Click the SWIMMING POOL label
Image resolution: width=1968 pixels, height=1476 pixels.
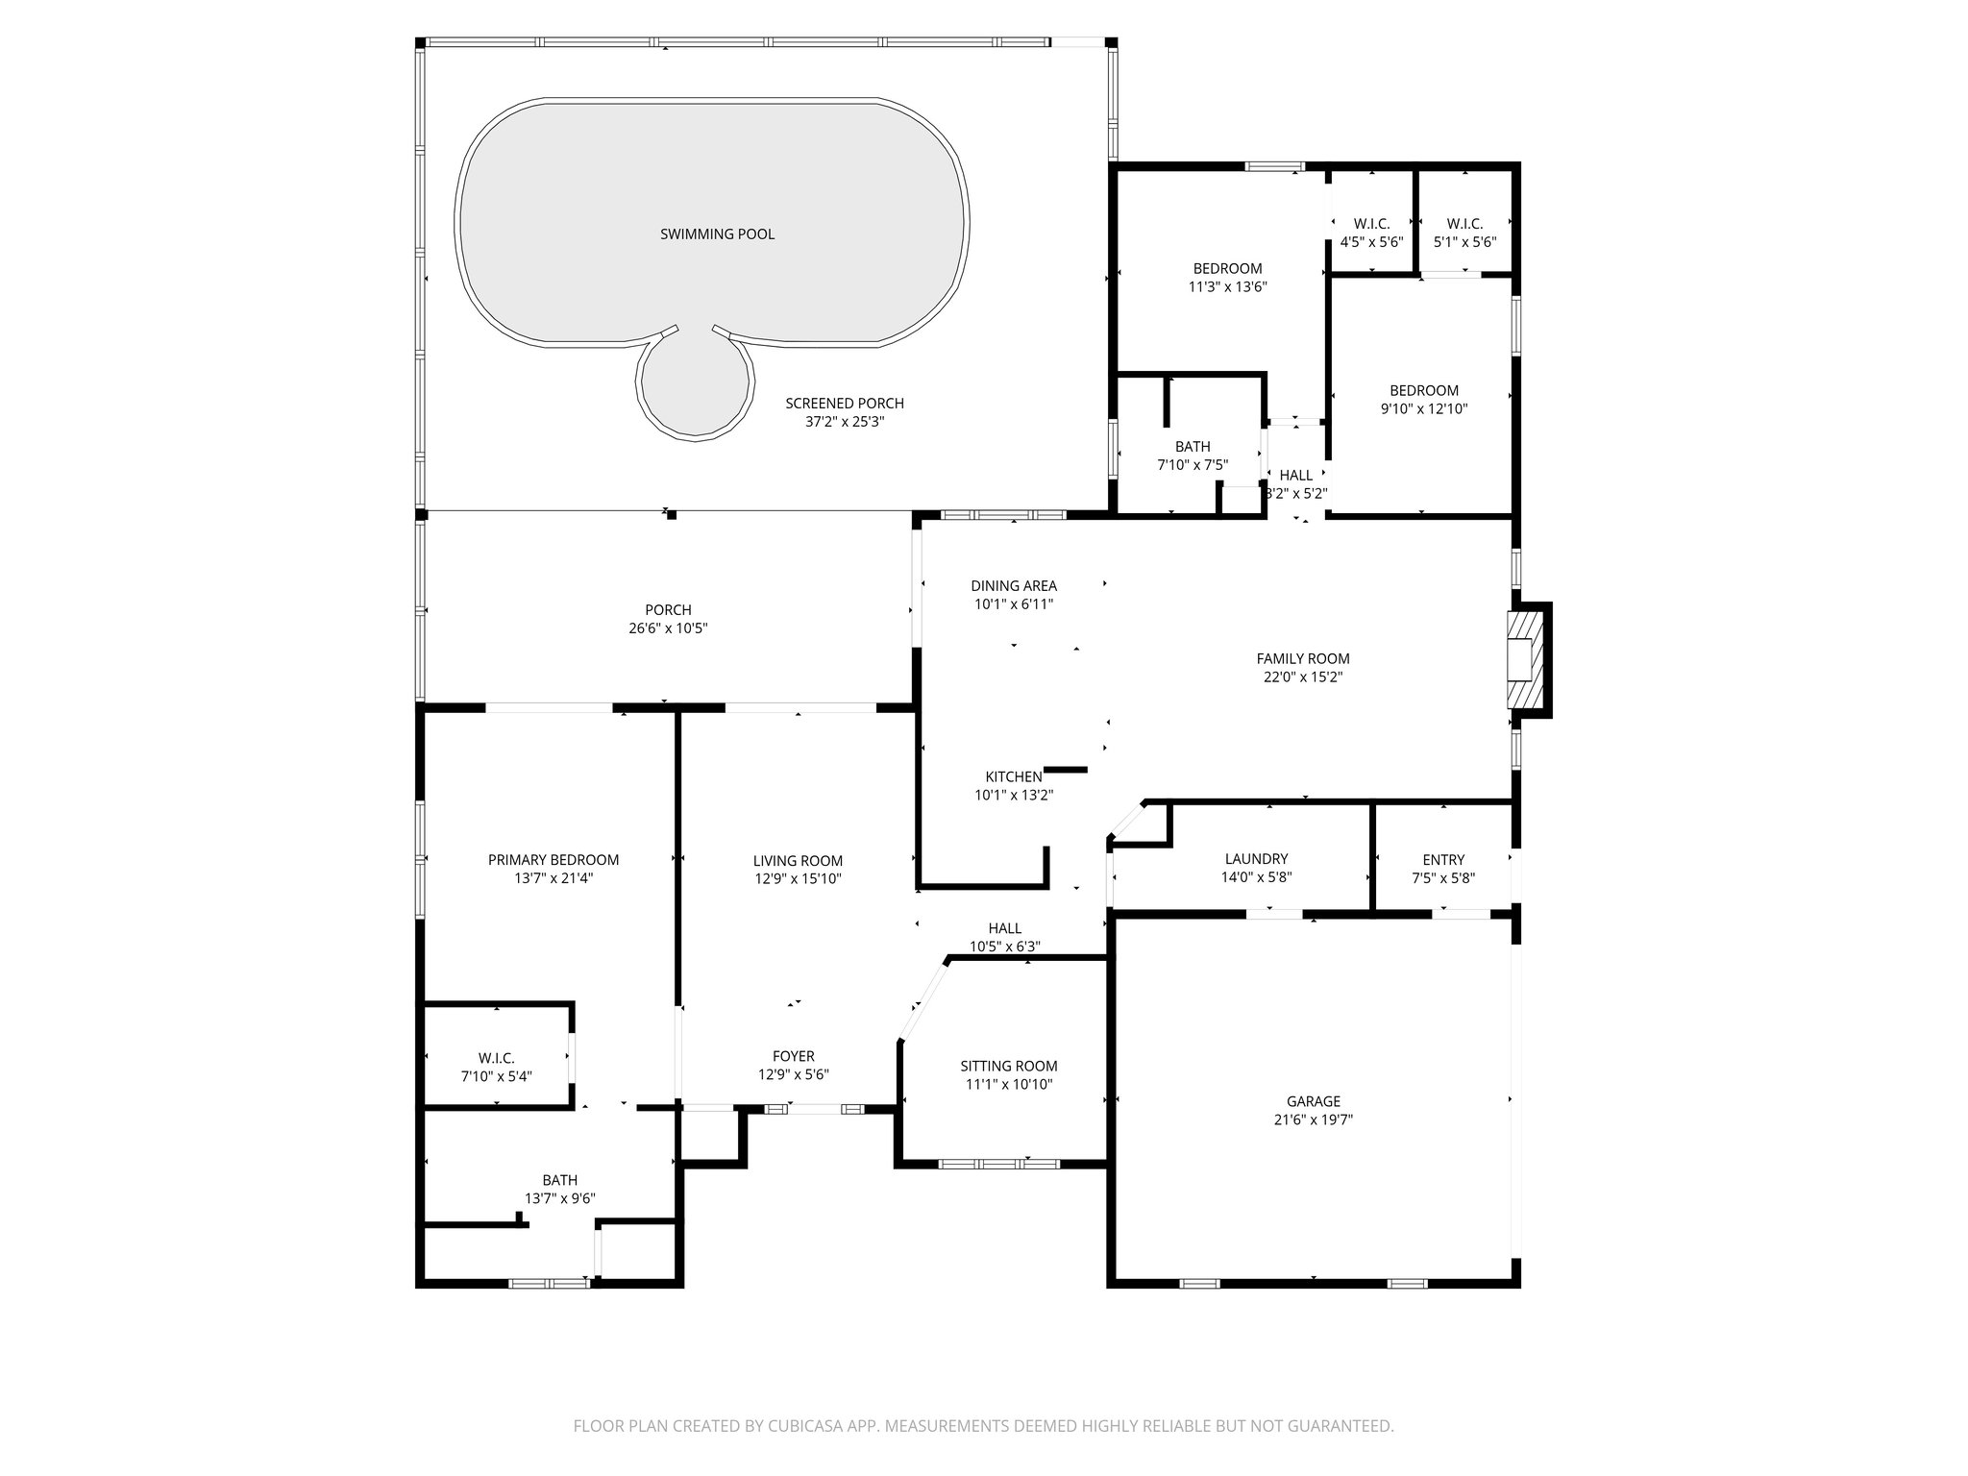click(x=717, y=234)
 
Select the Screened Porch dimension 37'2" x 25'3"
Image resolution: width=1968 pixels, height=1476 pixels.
click(x=844, y=421)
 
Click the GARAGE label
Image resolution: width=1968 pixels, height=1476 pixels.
click(x=1313, y=1101)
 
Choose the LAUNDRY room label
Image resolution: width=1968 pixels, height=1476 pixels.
click(x=1256, y=859)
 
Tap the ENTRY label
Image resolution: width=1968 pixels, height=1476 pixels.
click(x=1443, y=860)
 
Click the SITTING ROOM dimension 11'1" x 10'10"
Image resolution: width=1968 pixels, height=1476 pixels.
click(x=1008, y=1084)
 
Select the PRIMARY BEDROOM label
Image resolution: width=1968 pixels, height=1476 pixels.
click(x=553, y=860)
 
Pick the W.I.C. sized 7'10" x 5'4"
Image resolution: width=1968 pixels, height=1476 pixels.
click(x=496, y=1067)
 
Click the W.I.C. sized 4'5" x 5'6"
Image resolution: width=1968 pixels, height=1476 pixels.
click(x=1371, y=233)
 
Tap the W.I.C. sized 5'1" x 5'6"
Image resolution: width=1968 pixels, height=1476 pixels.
click(x=1464, y=233)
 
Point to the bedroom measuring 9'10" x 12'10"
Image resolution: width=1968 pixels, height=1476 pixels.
click(x=1423, y=399)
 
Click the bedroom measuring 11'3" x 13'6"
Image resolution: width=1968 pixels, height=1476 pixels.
click(x=1227, y=277)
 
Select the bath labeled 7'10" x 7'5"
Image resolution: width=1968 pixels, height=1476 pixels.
click(x=1192, y=455)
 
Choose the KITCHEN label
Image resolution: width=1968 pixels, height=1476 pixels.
click(x=1013, y=776)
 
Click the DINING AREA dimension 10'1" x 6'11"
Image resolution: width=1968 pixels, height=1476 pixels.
click(x=1013, y=604)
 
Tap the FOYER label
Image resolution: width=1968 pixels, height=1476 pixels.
click(x=793, y=1056)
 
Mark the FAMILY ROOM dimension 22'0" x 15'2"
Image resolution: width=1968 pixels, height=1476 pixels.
click(x=1302, y=676)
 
